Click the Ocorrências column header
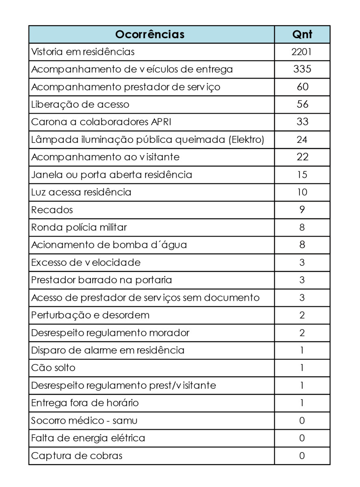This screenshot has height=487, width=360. pos(150,34)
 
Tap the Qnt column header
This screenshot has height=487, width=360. pos(302,34)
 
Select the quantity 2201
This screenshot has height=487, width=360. pos(302,52)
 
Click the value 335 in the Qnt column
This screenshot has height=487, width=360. pos(302,69)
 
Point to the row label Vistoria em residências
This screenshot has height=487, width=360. pos(83,52)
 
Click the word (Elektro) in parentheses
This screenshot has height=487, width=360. pos(246,140)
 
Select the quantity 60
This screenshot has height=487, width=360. pos(302,87)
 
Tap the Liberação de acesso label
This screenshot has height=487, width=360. pos(80,104)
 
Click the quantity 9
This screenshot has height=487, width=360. pos(302,210)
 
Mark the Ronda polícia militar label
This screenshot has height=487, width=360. pos(79,227)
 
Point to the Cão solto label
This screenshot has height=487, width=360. pos(53,368)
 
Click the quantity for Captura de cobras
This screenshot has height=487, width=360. pos(302,456)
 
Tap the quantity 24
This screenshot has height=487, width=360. pos(302,140)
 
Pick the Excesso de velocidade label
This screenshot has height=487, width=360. pos(86,263)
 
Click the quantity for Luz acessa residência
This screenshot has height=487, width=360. pos(302,192)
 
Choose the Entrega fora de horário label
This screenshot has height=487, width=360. pos(85,403)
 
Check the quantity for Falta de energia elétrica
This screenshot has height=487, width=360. pos(302,438)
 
